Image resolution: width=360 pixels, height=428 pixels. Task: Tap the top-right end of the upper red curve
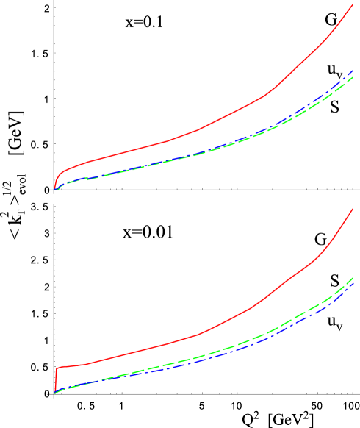(353, 5)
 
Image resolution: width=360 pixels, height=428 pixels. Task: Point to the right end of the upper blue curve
(353, 71)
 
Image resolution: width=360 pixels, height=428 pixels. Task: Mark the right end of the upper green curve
(353, 77)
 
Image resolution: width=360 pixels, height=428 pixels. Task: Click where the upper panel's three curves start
(55, 189)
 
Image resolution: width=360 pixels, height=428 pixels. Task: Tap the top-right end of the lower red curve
(353, 209)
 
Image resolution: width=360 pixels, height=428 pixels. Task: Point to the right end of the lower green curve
(353, 277)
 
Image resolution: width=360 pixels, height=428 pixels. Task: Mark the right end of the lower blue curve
(353, 282)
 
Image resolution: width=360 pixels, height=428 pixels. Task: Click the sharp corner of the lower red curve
(57, 367)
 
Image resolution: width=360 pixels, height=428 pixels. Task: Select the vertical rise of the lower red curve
(56, 379)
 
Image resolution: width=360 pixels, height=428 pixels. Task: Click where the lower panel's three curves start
(55, 393)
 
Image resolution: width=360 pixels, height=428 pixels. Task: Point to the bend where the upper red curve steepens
(263, 97)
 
